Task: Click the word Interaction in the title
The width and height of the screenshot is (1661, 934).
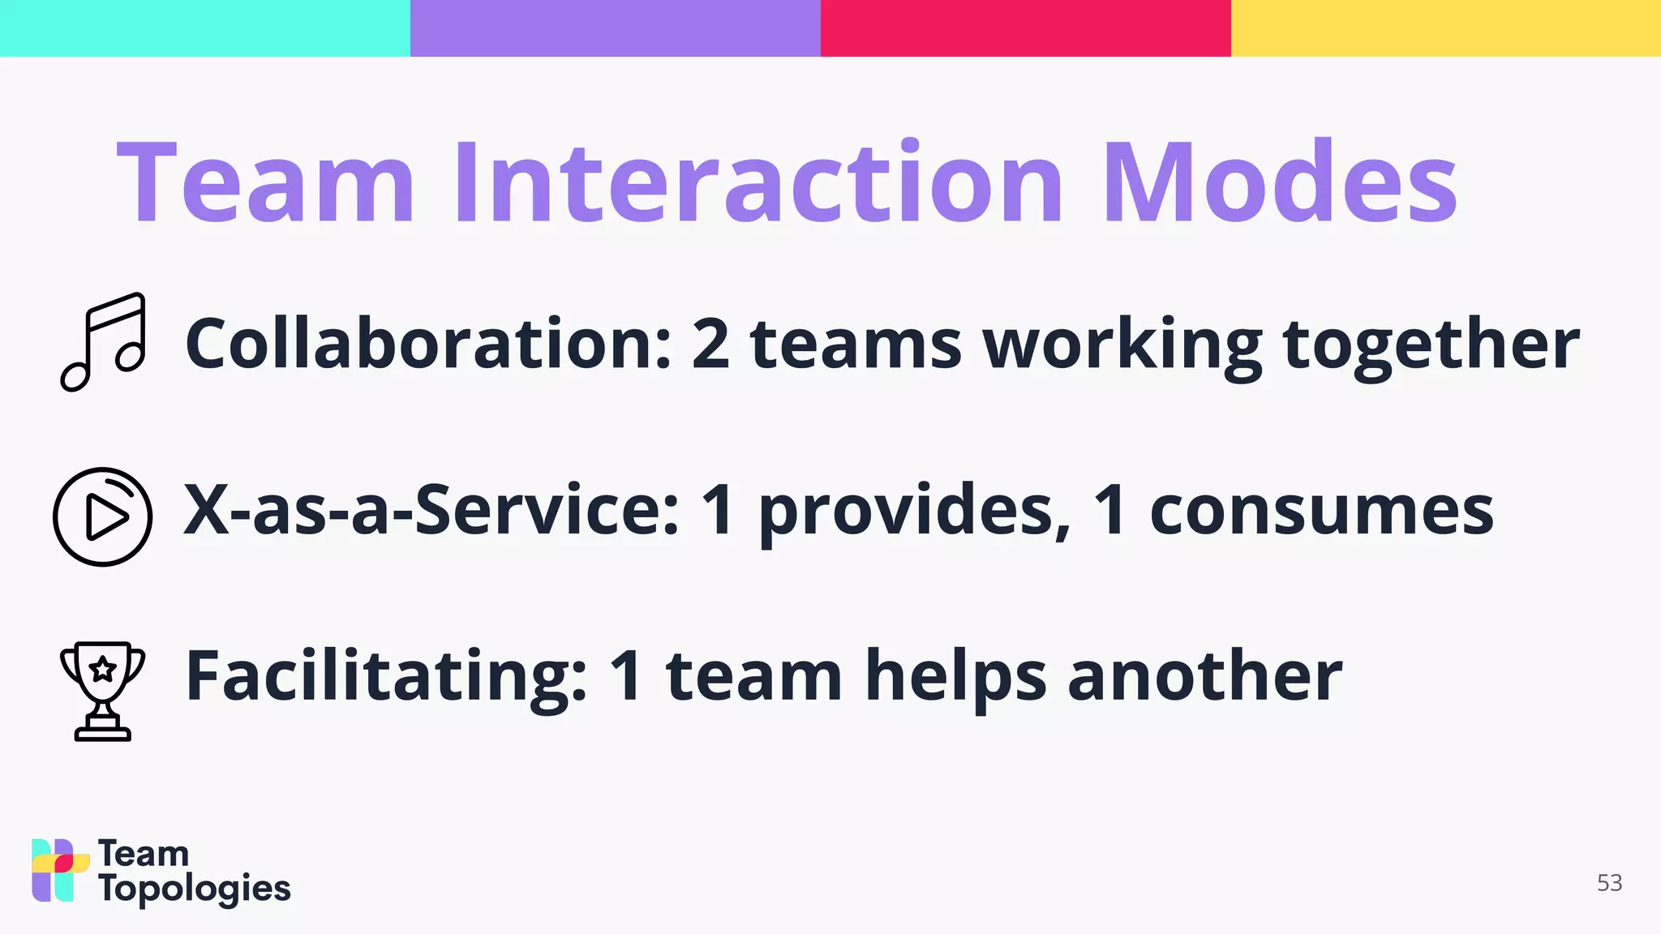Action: [758, 182]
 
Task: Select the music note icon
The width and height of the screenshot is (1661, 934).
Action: [104, 341]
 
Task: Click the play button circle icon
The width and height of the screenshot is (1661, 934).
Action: [103, 516]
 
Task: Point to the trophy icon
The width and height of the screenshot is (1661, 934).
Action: [103, 691]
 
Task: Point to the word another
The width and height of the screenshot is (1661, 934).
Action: [1205, 676]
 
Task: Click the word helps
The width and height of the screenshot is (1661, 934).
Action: [956, 678]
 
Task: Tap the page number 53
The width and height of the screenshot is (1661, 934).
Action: [1609, 883]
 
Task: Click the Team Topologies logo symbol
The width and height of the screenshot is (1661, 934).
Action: [60, 870]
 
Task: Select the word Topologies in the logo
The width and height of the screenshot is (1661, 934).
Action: [195, 889]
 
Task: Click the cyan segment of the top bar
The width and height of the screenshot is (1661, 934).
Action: [204, 28]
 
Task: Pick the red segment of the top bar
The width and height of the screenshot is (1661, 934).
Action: [1025, 28]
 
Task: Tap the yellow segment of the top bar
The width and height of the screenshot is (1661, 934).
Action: [1445, 28]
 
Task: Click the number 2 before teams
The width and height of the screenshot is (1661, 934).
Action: [710, 344]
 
